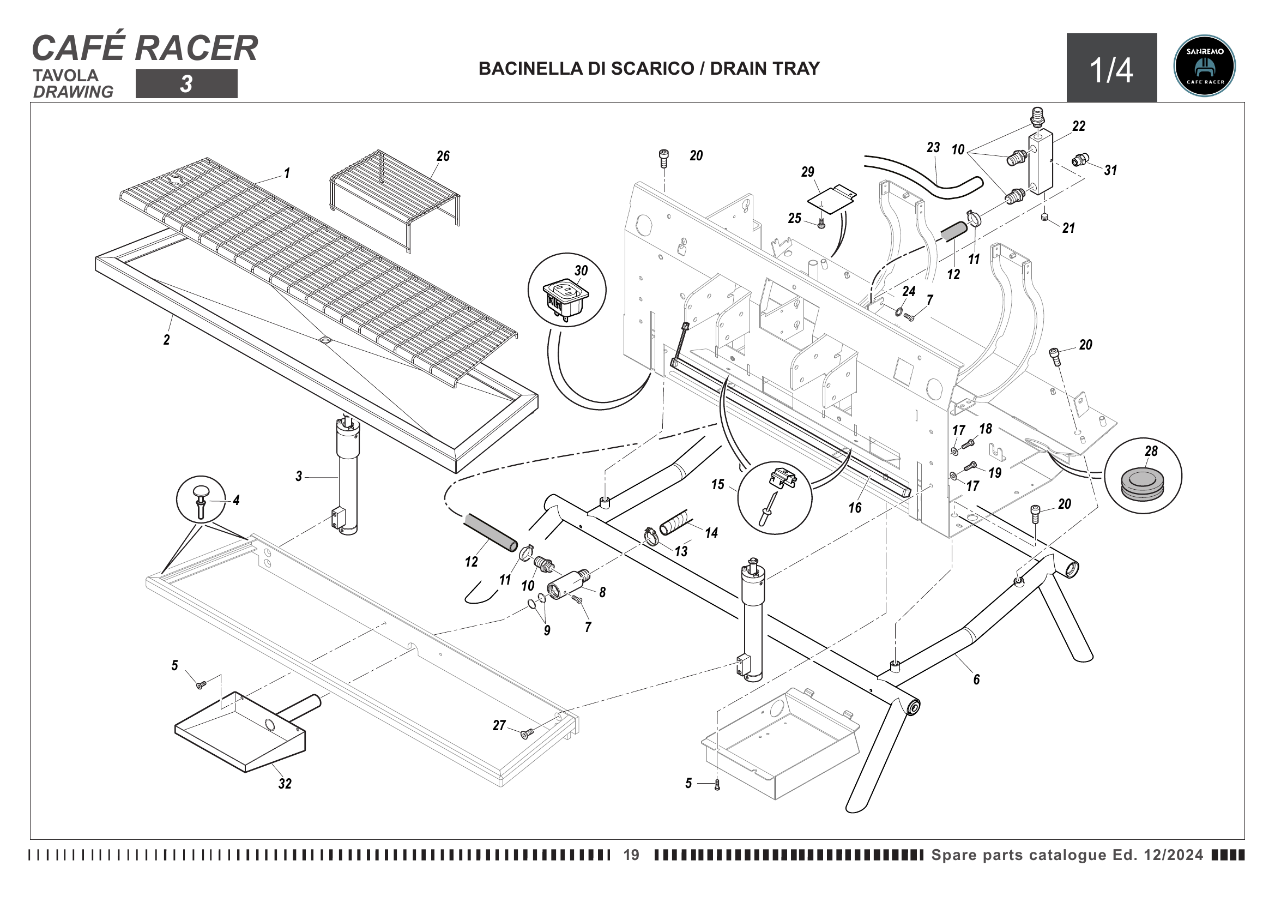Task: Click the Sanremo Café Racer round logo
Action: coord(1204,66)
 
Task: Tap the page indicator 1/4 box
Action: coord(1111,68)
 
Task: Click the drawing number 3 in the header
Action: coord(186,84)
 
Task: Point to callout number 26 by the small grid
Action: coord(443,156)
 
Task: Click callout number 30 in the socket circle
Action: coord(581,270)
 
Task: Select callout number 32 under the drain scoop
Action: coord(285,783)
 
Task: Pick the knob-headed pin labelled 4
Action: coord(201,499)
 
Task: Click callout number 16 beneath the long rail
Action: coord(855,507)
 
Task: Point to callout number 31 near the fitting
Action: coord(1110,170)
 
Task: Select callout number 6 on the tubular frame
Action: coord(976,679)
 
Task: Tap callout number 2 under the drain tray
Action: coord(167,339)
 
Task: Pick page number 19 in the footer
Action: coord(631,855)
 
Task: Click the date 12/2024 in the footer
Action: coord(1173,855)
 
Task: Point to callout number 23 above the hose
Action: coord(933,147)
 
